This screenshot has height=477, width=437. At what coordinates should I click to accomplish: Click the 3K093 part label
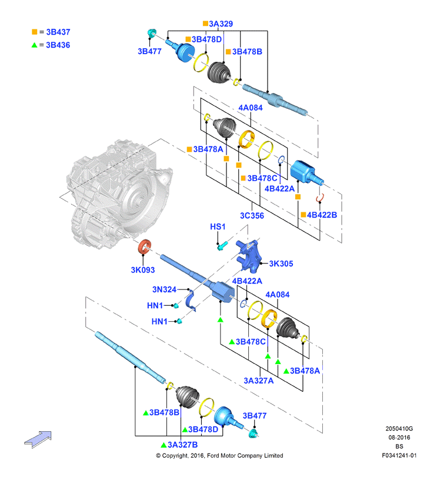tap(142, 270)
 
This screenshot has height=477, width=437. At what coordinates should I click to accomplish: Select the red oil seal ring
tap(145, 246)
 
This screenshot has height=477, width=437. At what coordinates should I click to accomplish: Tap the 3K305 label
tap(281, 263)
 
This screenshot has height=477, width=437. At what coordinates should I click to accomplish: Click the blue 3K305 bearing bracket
tap(249, 256)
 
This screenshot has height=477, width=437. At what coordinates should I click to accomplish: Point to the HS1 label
tap(218, 226)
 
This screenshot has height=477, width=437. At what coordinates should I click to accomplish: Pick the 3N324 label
tap(164, 289)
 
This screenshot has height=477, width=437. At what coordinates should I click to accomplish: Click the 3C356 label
tap(252, 216)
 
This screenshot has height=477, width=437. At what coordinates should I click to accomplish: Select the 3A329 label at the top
tap(221, 24)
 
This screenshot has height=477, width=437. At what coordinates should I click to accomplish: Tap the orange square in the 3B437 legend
tap(34, 32)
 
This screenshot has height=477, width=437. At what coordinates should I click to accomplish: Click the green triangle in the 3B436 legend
tap(34, 45)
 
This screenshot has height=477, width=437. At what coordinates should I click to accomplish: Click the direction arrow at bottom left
tap(38, 439)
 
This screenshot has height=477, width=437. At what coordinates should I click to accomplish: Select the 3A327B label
tap(182, 445)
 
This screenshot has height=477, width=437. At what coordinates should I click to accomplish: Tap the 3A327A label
tap(258, 381)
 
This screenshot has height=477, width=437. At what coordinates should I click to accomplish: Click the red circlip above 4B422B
tap(320, 198)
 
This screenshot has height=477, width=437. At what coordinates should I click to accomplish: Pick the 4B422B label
tap(322, 215)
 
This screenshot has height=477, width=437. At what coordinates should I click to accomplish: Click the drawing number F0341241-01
tap(399, 455)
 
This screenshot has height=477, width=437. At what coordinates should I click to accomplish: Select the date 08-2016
tap(399, 438)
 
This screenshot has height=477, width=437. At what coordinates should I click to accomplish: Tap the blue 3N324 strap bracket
tap(191, 301)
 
